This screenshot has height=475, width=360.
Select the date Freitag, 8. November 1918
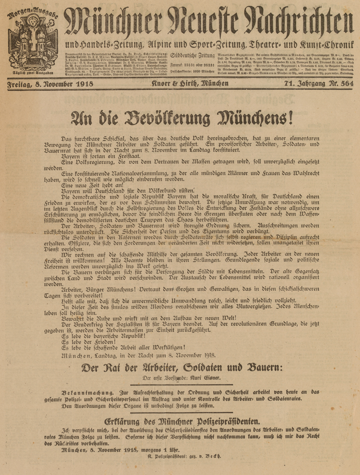(50, 85)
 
